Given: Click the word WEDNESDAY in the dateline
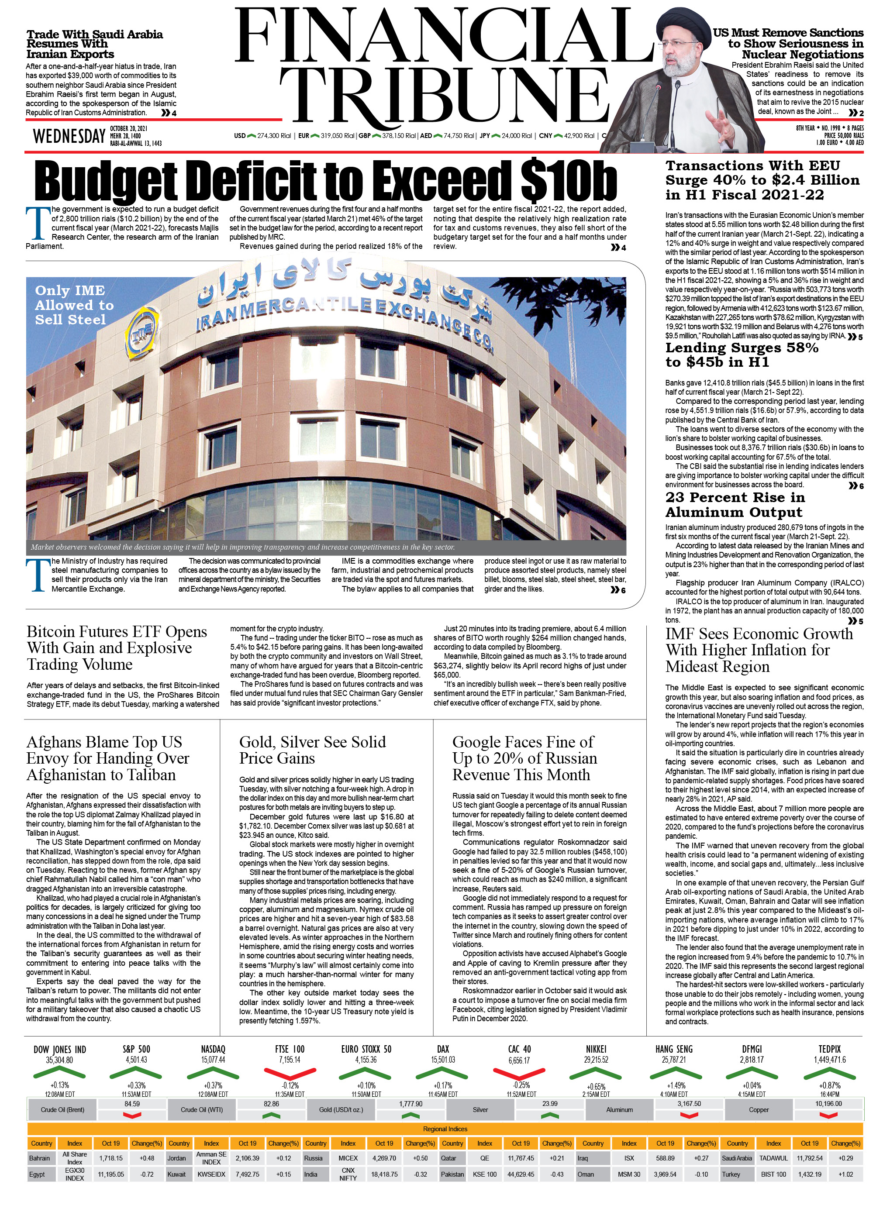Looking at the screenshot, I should pos(69,136).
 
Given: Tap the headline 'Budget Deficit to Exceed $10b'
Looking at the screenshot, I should pos(325,181).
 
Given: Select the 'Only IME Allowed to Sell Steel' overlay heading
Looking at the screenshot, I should pos(74,305).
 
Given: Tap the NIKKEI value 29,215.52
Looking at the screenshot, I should pos(596,1060).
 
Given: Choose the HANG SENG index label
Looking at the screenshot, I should pos(673,1049).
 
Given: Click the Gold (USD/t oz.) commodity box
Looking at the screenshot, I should pos(341,1110).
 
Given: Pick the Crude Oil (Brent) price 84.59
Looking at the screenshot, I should pos(132,1104).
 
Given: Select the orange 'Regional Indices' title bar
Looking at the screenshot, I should pos(445,1129).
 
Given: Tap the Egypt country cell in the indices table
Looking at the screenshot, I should pos(37,1174).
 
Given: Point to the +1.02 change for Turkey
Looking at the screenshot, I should pos(845,1174).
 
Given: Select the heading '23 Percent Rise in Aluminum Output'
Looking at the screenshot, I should pos(735,505).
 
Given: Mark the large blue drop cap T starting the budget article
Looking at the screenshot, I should pos(37,223).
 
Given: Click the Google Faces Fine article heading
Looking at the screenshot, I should pos(524,758).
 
